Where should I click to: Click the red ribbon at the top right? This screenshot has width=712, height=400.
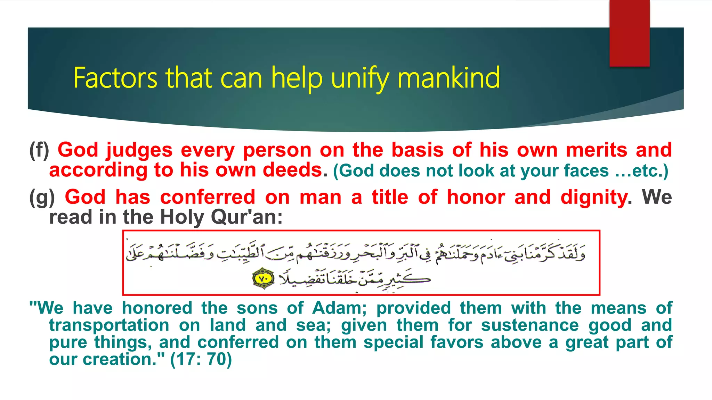click(629, 33)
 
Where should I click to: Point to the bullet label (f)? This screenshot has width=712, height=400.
click(39, 150)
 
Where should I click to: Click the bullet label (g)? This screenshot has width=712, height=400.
click(42, 197)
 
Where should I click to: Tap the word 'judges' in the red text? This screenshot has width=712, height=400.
click(139, 150)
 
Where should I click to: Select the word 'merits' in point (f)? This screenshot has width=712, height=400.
click(597, 150)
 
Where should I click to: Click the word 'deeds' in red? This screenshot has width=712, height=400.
click(292, 170)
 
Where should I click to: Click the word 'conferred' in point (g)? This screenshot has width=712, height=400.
click(208, 197)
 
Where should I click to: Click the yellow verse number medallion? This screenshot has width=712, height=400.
click(263, 278)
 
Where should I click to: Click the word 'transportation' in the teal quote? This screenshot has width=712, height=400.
click(109, 325)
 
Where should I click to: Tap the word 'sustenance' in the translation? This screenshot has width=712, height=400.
click(530, 325)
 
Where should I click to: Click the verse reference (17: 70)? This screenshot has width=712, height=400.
click(201, 359)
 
